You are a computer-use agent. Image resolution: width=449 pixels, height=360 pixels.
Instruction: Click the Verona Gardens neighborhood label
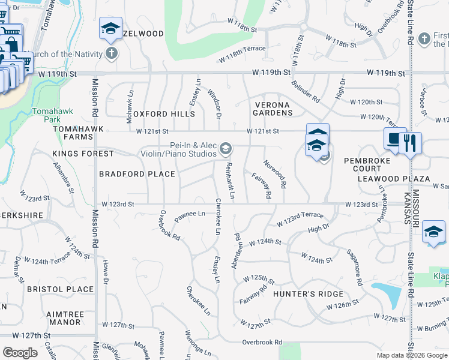[271, 109]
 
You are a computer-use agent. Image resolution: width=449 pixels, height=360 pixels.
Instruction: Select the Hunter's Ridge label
[308, 294]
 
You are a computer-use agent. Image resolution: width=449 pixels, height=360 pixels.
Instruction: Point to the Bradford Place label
[137, 174]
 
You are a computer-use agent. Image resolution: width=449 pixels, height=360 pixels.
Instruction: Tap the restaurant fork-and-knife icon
[410, 143]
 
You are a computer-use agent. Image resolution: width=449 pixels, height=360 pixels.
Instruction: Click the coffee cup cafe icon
[393, 139]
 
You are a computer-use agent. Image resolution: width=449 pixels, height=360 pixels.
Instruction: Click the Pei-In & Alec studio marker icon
[226, 148]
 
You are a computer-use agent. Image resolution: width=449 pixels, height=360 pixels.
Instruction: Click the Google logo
[20, 353]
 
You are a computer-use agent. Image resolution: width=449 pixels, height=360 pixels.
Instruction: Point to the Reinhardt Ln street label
[229, 180]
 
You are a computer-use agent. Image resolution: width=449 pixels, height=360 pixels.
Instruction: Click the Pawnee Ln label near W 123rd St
[190, 214]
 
